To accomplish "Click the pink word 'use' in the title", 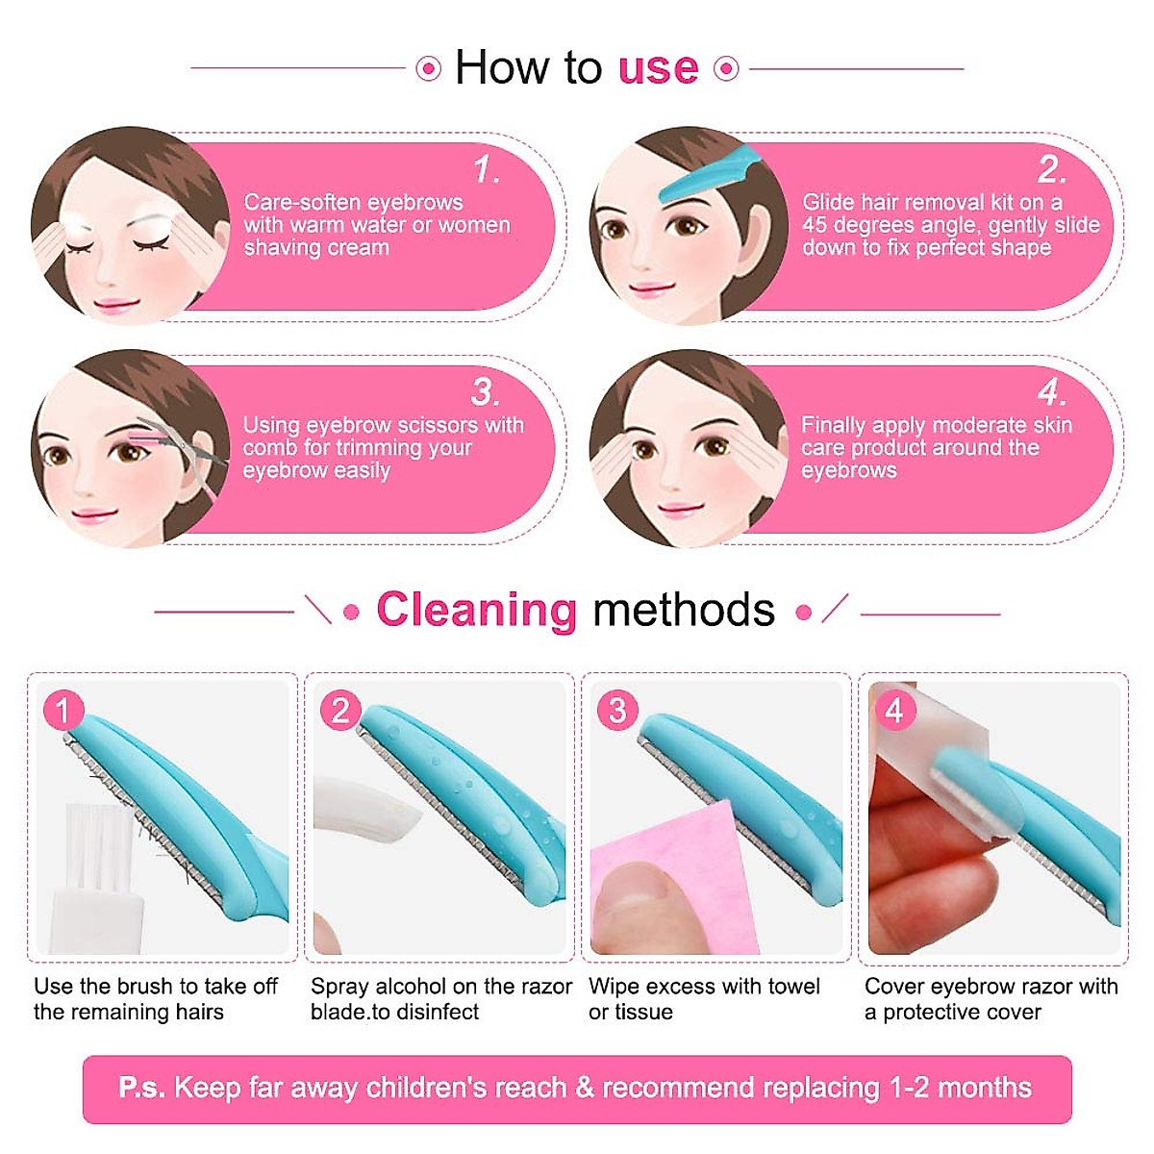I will (x=658, y=69).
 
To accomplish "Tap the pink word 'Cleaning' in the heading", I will (x=476, y=610).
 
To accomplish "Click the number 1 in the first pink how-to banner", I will (x=487, y=171).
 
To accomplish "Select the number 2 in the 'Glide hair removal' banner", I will (x=1051, y=171).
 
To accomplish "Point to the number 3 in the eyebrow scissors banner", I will (x=486, y=392).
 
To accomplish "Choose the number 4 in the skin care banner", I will (x=1051, y=392).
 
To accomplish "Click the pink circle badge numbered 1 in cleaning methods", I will (x=63, y=711).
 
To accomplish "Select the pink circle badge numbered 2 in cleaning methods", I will (x=340, y=711).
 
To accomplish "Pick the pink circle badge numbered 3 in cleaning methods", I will (x=617, y=711).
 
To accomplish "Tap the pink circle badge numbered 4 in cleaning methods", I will (x=894, y=711).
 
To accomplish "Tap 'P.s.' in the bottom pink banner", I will (x=141, y=1088).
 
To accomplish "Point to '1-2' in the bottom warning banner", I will (x=909, y=1088).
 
